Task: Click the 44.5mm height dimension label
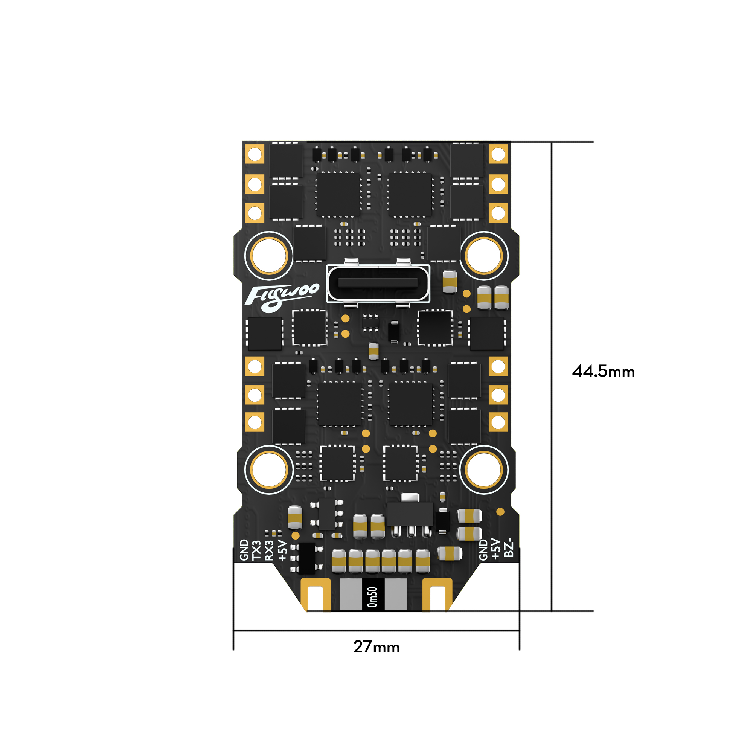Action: coord(603,372)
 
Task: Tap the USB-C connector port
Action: coord(378,284)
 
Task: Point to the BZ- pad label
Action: coord(509,549)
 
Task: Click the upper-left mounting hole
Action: coord(268,256)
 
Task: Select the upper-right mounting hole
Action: coord(484,256)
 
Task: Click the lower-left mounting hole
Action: coord(268,470)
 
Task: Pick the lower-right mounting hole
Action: coord(484,470)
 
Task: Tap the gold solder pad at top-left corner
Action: coord(255,154)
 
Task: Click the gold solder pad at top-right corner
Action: coord(498,154)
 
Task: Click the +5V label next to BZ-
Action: coord(496,549)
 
